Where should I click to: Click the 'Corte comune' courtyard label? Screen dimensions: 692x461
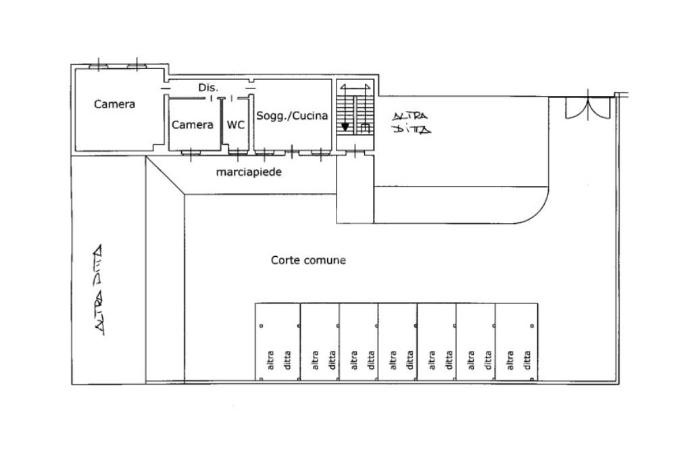click(308, 260)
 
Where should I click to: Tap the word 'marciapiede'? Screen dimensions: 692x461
click(249, 172)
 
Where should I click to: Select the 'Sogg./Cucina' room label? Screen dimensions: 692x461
click(292, 116)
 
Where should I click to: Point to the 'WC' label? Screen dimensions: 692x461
click(236, 125)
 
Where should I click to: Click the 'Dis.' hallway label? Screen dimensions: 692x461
click(208, 87)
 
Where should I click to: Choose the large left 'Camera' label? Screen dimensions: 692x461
click(114, 104)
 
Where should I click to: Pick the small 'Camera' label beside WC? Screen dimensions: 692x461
click(193, 125)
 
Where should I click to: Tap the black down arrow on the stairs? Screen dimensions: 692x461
click(345, 127)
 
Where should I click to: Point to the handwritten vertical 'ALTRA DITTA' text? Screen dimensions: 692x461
click(99, 289)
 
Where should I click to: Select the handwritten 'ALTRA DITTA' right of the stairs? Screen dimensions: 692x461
click(411, 122)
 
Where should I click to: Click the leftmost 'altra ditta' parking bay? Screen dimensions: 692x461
click(278, 341)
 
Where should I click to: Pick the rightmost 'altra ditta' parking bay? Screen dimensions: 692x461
click(516, 341)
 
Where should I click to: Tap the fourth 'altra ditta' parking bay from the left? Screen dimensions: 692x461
click(397, 341)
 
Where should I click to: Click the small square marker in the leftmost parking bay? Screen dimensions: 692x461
click(262, 326)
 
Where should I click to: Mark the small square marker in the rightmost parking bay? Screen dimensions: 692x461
click(533, 326)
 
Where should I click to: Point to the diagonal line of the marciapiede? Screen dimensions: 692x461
click(165, 175)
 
